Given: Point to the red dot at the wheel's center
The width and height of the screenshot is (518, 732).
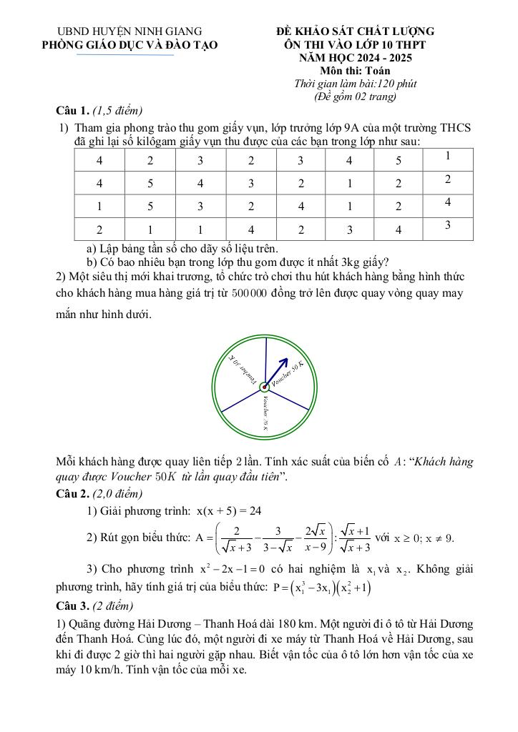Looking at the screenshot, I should [x=265, y=387].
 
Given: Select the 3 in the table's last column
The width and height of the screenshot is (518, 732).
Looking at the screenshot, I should [x=447, y=225].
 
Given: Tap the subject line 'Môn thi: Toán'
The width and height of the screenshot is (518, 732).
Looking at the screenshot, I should [x=356, y=71].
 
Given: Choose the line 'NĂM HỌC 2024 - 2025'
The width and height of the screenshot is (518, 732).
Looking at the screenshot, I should [x=356, y=58].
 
